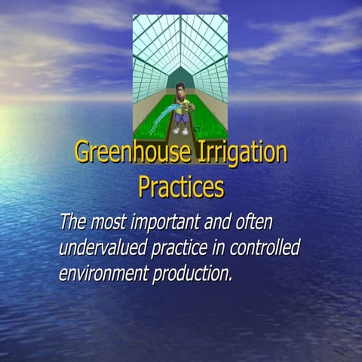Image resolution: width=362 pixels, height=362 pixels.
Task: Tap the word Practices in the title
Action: point(181,186)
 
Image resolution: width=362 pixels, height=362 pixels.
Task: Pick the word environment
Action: point(105,272)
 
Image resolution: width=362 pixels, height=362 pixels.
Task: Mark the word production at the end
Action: point(194,272)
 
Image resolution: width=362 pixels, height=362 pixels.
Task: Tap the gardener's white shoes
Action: point(181,130)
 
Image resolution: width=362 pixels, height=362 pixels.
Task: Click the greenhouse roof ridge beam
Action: point(180,38)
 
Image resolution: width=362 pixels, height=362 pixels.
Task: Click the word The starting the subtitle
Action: point(72,223)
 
